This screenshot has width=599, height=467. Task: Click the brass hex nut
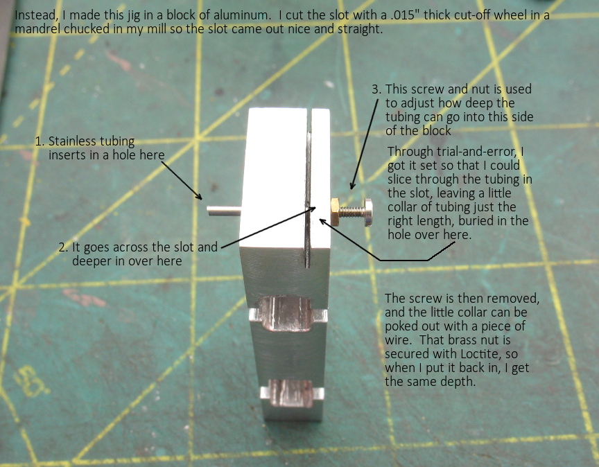pyautogui.click(x=336, y=212)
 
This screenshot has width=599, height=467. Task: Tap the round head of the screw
pyautogui.click(x=368, y=212)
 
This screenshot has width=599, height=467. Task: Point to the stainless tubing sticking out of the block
pyautogui.click(x=224, y=211)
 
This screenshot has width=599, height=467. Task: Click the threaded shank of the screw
pyautogui.click(x=351, y=212)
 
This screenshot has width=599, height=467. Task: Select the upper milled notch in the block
pyautogui.click(x=288, y=314)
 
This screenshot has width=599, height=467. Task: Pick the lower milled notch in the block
pyautogui.click(x=293, y=394)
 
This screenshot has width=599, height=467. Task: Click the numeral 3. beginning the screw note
pyautogui.click(x=376, y=89)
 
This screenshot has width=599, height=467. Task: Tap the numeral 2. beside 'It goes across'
pyautogui.click(x=63, y=247)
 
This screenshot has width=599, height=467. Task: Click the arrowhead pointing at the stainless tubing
pyautogui.click(x=199, y=196)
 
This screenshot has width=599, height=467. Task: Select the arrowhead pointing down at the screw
pyautogui.click(x=352, y=185)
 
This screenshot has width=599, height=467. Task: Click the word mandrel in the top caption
pyautogui.click(x=37, y=29)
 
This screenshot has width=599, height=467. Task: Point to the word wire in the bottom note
pyautogui.click(x=397, y=340)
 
